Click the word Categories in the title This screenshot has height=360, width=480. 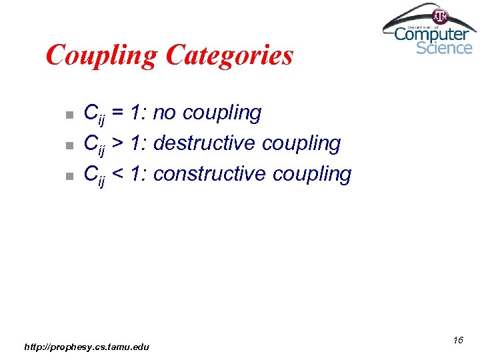pyautogui.click(x=229, y=55)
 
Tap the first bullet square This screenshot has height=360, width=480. pyautogui.click(x=67, y=115)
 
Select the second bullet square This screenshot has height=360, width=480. pyautogui.click(x=67, y=145)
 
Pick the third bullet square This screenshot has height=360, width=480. pyautogui.click(x=67, y=176)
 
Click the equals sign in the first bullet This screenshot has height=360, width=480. pyautogui.click(x=118, y=113)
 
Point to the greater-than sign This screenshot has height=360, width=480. pyautogui.click(x=118, y=143)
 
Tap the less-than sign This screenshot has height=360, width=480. pyautogui.click(x=118, y=174)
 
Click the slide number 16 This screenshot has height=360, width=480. pyautogui.click(x=457, y=341)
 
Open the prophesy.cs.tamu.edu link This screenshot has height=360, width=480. pyautogui.click(x=87, y=347)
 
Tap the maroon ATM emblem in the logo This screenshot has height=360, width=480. pyautogui.click(x=440, y=16)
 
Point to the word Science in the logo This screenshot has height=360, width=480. pyautogui.click(x=444, y=47)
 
